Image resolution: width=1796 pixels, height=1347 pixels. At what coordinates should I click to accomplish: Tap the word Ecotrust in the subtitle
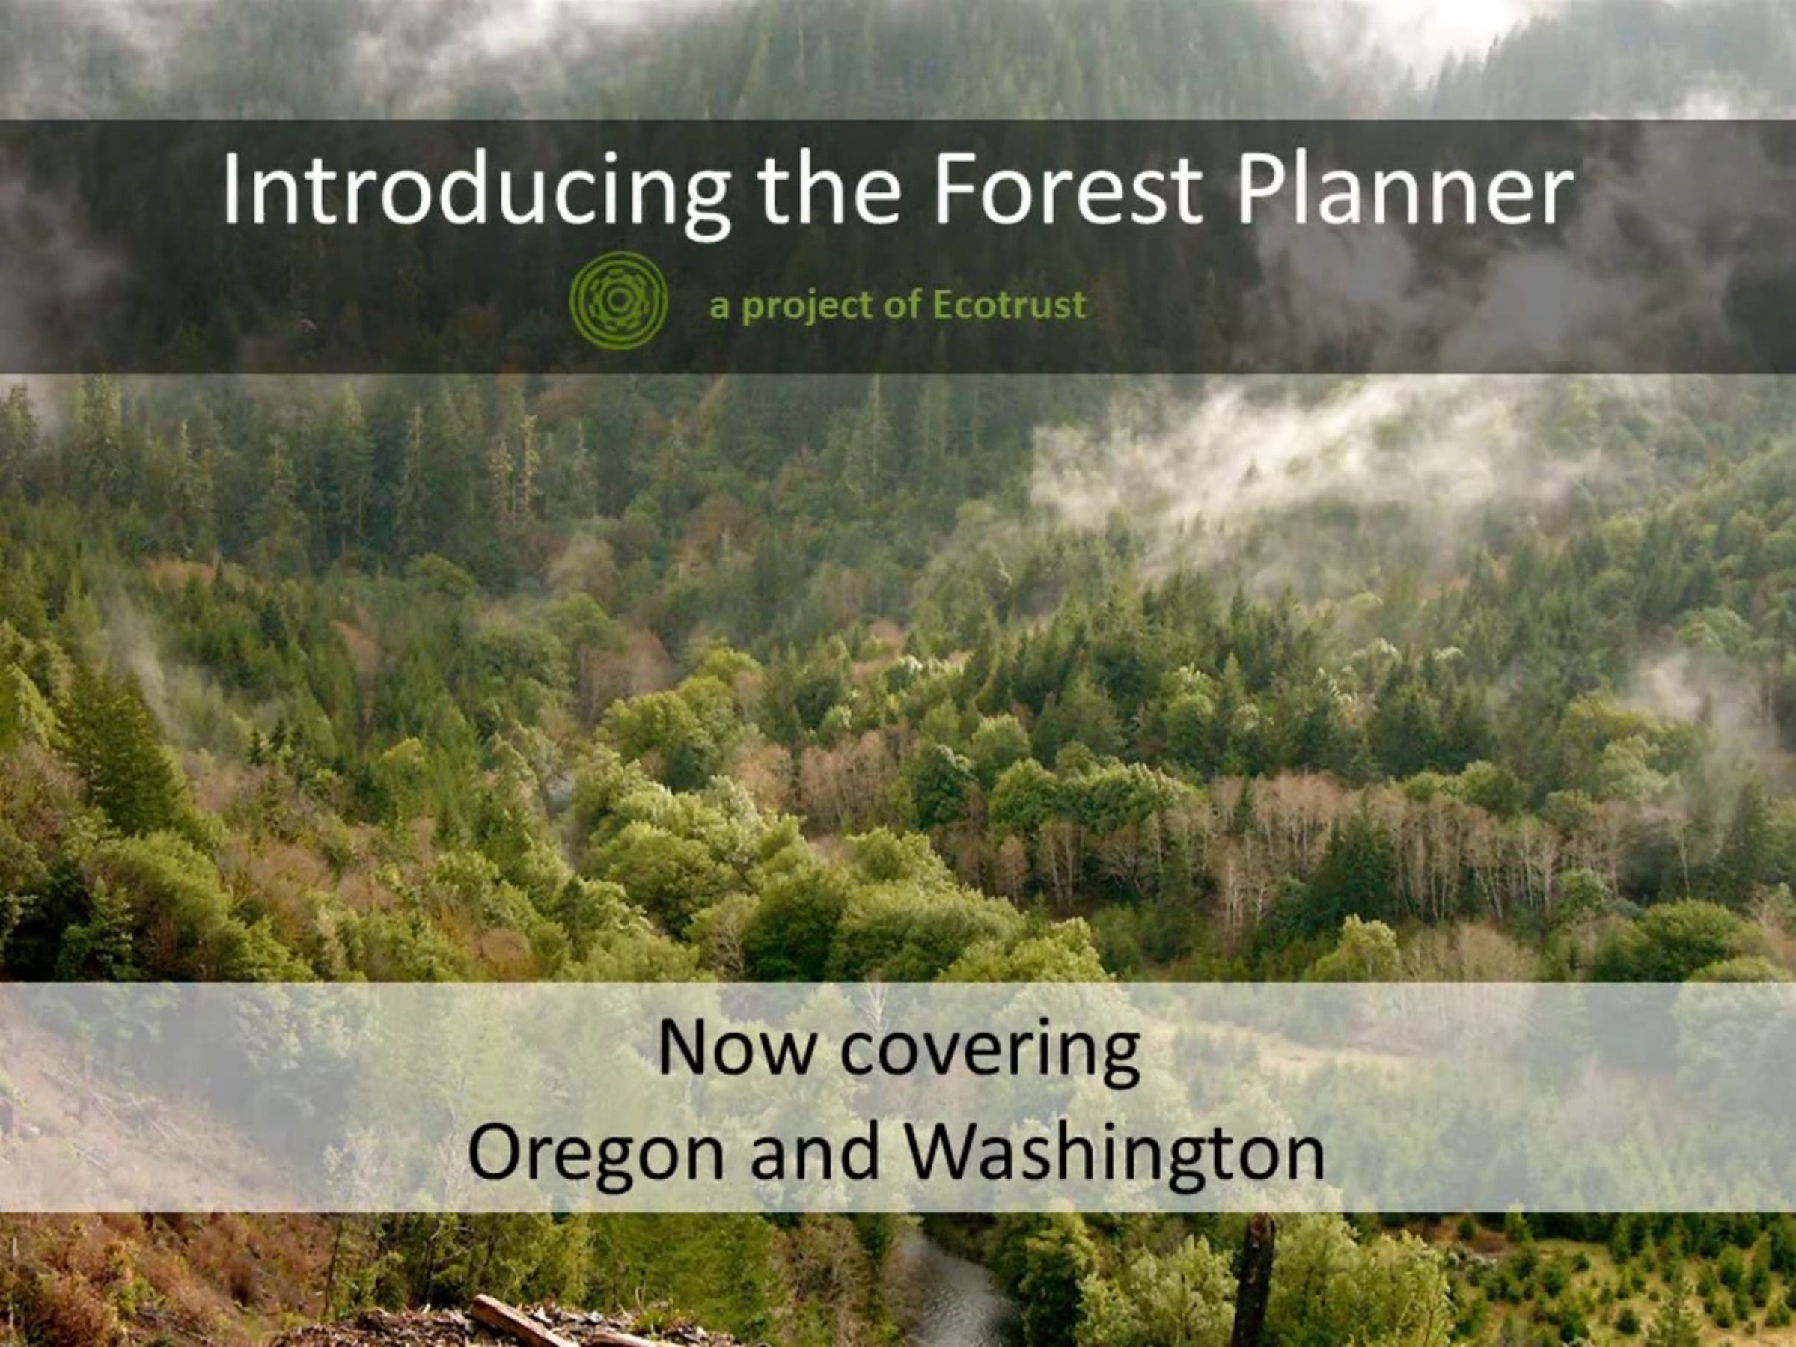click(1009, 305)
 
